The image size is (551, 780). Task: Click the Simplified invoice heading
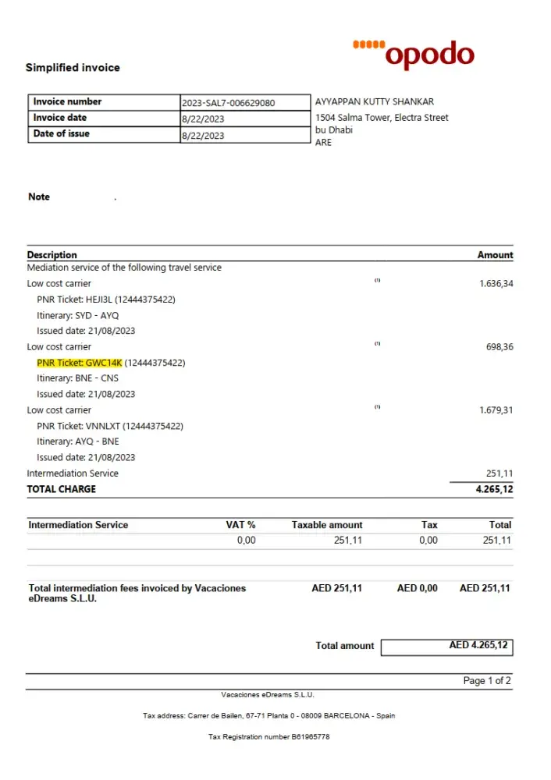tap(73, 68)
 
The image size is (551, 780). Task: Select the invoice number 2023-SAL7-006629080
tap(228, 103)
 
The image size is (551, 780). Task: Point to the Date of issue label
tap(61, 134)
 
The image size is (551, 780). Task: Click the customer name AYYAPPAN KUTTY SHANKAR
tap(374, 102)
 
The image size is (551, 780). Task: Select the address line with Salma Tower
tap(382, 118)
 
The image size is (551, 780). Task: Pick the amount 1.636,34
tap(496, 284)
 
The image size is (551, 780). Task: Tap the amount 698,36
tap(499, 347)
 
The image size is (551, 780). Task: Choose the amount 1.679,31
tap(496, 410)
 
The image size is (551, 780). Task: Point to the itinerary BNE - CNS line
tap(77, 378)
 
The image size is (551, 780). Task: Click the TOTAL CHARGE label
tap(62, 489)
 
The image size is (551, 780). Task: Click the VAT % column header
tap(240, 525)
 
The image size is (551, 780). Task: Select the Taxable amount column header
tap(327, 525)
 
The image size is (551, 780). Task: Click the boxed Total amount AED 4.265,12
tap(447, 646)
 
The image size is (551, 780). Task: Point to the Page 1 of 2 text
tap(487, 681)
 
